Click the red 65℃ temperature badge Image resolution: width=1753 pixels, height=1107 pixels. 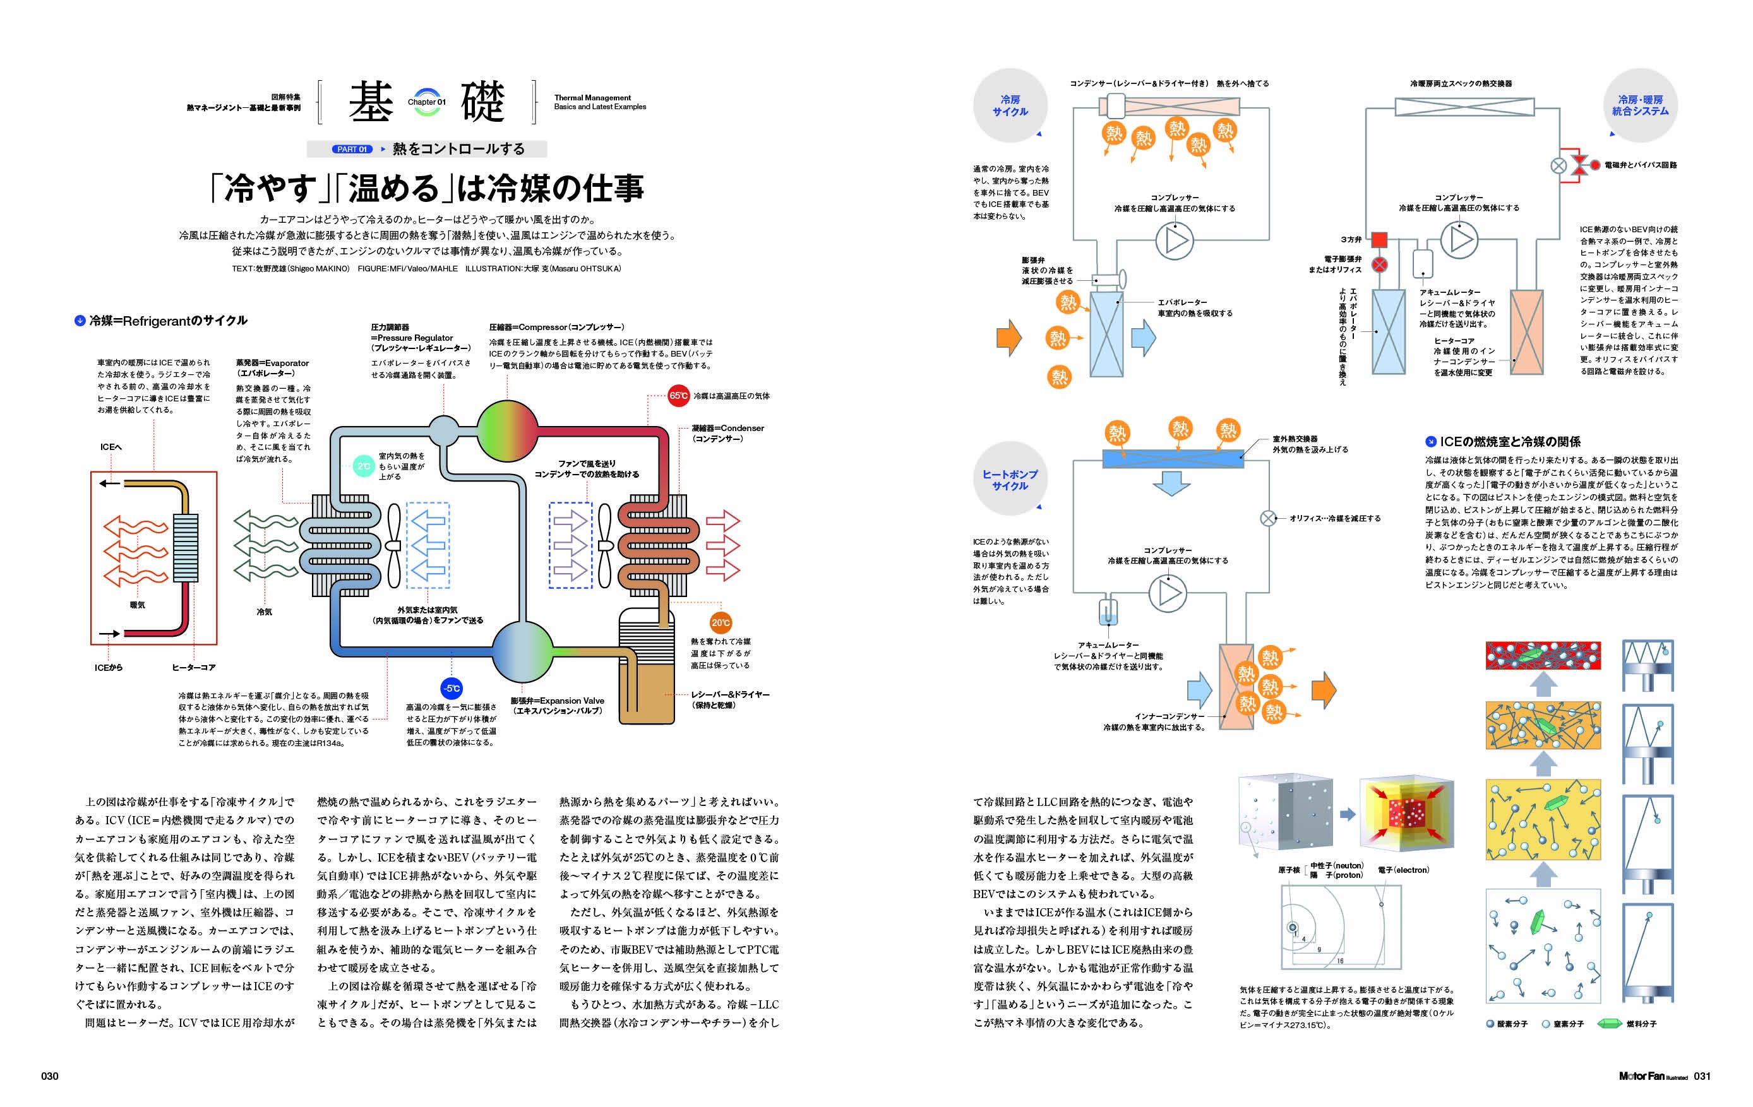678,396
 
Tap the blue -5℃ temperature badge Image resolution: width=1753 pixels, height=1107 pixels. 452,689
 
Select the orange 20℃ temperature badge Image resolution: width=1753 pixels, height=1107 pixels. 720,622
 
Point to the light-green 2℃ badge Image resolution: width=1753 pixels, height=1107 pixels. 363,466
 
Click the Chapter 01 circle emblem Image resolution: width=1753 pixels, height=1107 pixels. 427,103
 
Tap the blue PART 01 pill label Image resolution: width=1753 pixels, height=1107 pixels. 353,149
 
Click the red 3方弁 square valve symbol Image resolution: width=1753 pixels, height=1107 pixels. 1379,239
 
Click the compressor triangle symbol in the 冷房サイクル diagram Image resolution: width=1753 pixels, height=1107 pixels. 1175,241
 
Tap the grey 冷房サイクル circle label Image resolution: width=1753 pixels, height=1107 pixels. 1010,106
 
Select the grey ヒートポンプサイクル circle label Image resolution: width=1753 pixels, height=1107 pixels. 1010,480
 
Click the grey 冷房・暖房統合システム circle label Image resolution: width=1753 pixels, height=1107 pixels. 1640,106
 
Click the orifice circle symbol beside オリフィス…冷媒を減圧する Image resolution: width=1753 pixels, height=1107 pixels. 1268,518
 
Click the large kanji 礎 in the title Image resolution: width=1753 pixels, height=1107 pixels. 482,103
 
